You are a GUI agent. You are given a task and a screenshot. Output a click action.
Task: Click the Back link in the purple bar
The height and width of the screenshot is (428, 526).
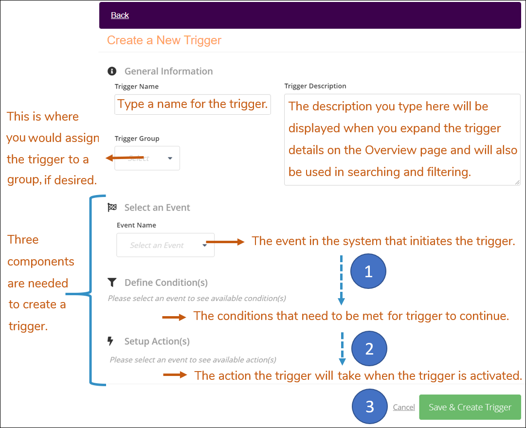click(x=120, y=15)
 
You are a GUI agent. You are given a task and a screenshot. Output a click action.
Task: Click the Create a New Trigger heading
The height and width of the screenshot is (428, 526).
click(x=164, y=40)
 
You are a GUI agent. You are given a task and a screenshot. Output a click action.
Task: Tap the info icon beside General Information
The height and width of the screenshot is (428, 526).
click(x=112, y=71)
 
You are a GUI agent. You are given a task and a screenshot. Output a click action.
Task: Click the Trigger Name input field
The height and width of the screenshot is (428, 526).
click(x=193, y=105)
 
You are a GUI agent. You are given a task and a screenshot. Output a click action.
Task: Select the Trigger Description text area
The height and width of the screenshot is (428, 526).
click(x=402, y=140)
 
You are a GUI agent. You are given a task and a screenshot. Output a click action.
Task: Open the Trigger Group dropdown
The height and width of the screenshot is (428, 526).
click(x=147, y=158)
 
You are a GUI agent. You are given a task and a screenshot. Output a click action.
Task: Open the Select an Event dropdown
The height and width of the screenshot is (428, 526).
click(x=165, y=245)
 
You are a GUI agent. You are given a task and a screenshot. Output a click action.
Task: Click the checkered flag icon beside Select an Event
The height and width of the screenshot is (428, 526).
click(x=112, y=208)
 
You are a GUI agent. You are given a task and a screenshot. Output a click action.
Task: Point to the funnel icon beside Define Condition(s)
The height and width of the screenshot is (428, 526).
click(x=112, y=283)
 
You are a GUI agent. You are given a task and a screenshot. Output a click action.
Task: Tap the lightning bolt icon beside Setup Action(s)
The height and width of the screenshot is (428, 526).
click(x=110, y=341)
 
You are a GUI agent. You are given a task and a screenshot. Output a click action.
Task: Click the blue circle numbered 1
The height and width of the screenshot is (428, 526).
click(x=368, y=271)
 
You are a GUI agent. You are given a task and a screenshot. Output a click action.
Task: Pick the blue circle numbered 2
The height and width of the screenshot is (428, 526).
click(x=369, y=349)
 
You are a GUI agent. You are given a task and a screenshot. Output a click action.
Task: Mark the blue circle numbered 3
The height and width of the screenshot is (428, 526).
click(x=369, y=407)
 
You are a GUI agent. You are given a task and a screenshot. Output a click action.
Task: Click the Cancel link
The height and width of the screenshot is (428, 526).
click(x=404, y=408)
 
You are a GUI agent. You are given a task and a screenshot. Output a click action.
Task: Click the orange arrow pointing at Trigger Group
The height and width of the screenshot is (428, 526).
click(x=124, y=158)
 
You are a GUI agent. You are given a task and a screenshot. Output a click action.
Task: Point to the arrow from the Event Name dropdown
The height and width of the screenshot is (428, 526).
click(x=225, y=241)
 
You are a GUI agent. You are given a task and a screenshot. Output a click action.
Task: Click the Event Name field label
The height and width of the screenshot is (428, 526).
click(x=136, y=225)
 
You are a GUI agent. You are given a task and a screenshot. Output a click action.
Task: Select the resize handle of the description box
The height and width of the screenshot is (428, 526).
click(x=516, y=182)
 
